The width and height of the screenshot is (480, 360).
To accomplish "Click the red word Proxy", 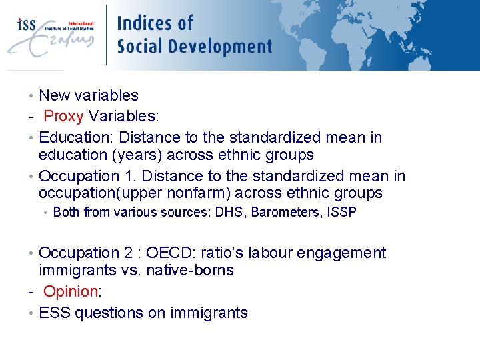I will click(63, 117).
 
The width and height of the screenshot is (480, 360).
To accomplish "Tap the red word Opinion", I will click(70, 291).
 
